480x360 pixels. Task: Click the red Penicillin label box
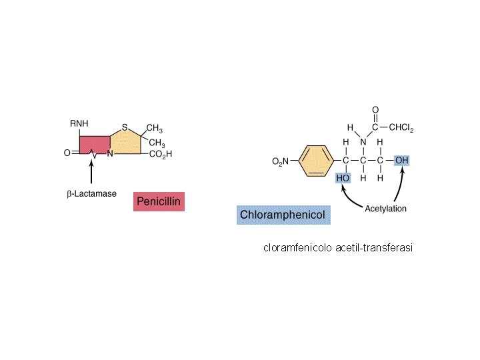[x=159, y=201]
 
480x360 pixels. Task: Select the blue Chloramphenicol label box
[x=283, y=215]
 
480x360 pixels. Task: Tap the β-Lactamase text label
[x=92, y=194]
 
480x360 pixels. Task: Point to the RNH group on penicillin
[x=79, y=123]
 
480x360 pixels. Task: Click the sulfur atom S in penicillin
[x=124, y=127]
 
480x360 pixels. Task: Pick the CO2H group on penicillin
[x=161, y=154]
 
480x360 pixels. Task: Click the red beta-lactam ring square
[x=95, y=146]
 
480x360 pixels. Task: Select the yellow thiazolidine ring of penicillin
[x=127, y=143]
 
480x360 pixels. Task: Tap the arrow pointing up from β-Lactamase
[x=91, y=171]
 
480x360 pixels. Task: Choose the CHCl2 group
[x=401, y=128]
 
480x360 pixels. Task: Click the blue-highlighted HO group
[x=343, y=179]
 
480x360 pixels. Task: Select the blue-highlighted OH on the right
[x=402, y=161]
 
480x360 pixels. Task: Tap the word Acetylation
[x=386, y=209]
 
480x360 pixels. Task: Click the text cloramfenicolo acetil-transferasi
[x=338, y=248]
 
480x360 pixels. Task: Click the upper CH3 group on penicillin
[x=155, y=129]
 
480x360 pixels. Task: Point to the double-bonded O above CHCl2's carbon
[x=375, y=110]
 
